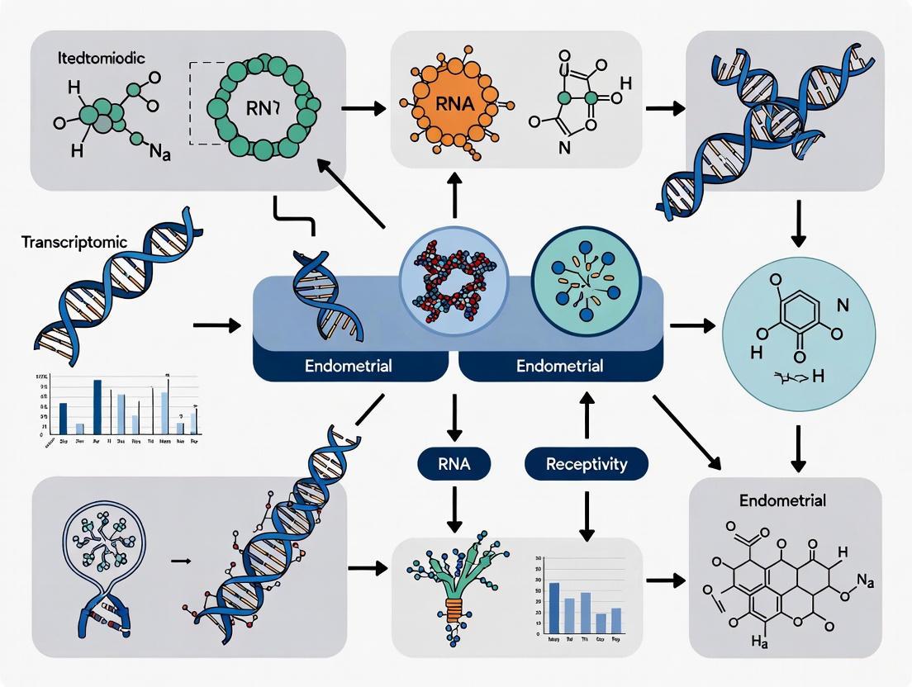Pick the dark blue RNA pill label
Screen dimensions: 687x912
point(453,464)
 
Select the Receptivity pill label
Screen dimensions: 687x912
point(586,464)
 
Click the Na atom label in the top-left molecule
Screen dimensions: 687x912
point(160,154)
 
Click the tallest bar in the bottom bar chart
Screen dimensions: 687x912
point(553,607)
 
